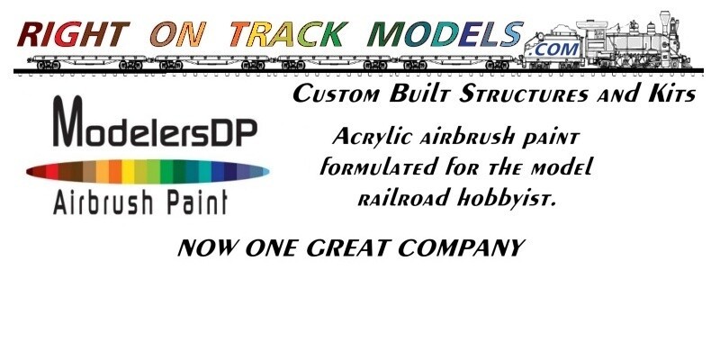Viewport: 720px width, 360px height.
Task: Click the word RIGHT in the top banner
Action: [x=73, y=34]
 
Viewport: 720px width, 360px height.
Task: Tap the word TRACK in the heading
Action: [x=289, y=34]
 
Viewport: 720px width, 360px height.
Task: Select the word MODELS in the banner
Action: [x=445, y=34]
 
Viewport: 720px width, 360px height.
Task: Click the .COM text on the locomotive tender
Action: [x=553, y=49]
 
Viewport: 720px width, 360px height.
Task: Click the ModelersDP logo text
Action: [x=155, y=121]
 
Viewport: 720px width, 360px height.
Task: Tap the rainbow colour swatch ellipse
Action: [x=148, y=172]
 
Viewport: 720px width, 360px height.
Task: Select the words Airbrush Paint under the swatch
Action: [x=140, y=202]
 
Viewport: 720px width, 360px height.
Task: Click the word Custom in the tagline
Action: [x=337, y=94]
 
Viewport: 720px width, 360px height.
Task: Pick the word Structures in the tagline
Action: [x=524, y=94]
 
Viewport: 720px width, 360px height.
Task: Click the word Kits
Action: [x=672, y=94]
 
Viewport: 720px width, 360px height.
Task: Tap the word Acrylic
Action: [x=372, y=138]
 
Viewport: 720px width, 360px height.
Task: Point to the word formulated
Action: [x=378, y=166]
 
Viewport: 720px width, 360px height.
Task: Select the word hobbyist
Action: [x=507, y=198]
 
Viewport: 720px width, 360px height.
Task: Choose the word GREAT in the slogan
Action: [x=348, y=248]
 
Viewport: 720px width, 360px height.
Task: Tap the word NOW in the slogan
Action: [x=208, y=248]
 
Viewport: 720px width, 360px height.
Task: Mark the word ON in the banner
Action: [x=176, y=34]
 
